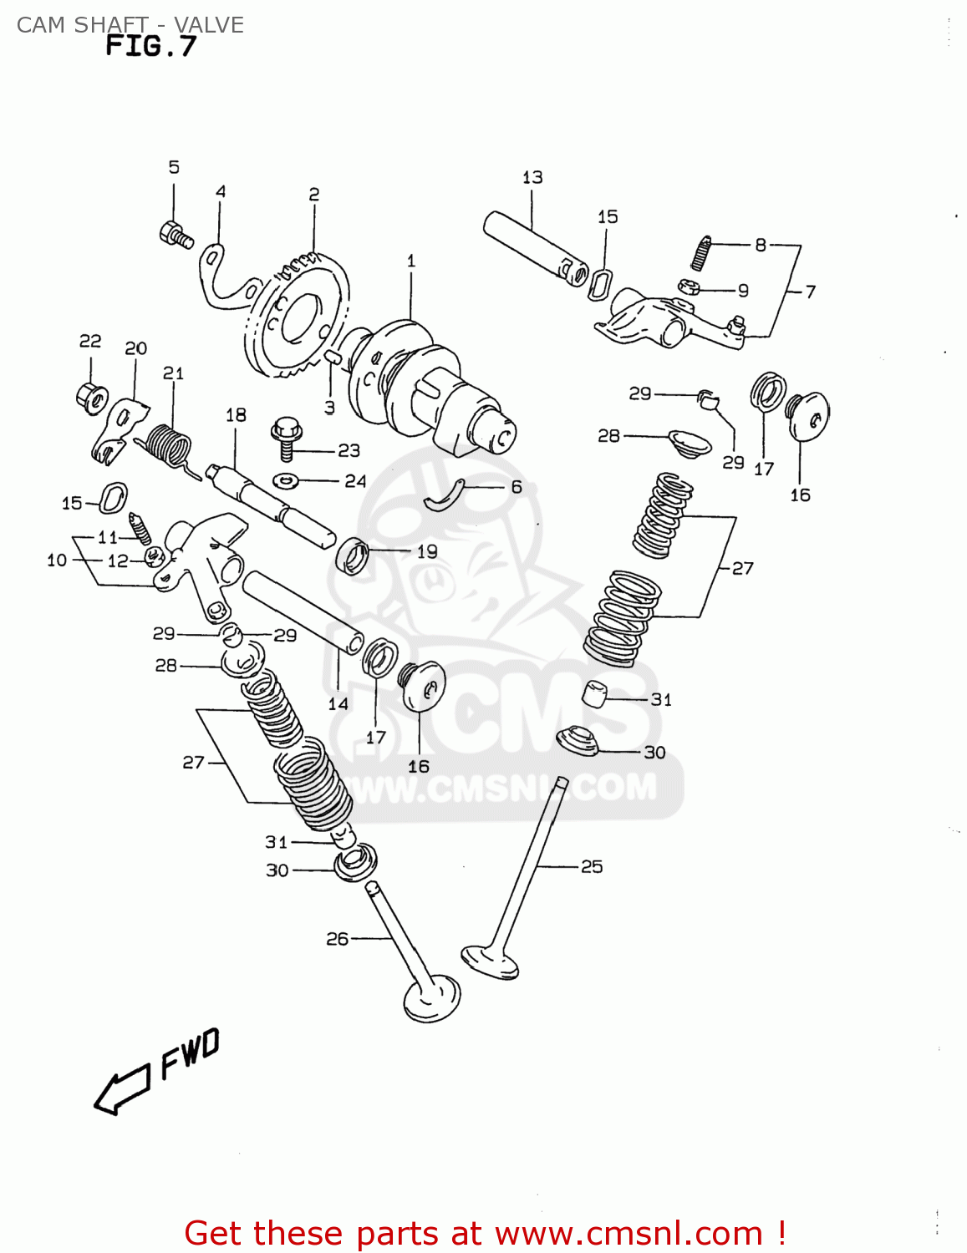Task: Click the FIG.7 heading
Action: (x=150, y=47)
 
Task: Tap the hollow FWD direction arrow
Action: (x=121, y=1091)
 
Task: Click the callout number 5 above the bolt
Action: (x=174, y=167)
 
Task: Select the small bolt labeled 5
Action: (x=176, y=234)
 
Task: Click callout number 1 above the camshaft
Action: (x=410, y=261)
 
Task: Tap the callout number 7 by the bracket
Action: (x=810, y=292)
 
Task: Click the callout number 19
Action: (x=427, y=551)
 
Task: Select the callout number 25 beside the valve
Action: (x=592, y=867)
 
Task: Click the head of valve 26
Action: (x=431, y=998)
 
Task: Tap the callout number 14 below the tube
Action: (x=338, y=704)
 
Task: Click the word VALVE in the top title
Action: (x=209, y=25)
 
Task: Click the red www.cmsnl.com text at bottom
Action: (x=629, y=1234)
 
